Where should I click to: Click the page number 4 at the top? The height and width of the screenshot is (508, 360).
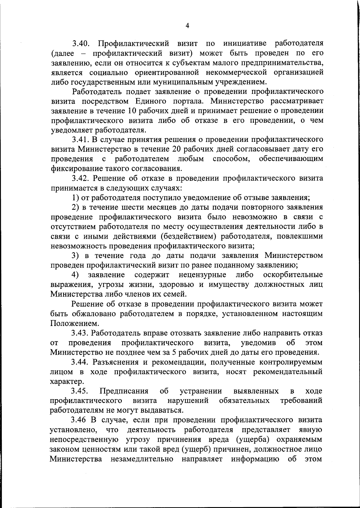(187, 26)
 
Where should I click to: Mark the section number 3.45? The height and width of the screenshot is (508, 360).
(79, 391)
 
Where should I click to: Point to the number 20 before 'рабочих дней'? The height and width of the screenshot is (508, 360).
(176, 149)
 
